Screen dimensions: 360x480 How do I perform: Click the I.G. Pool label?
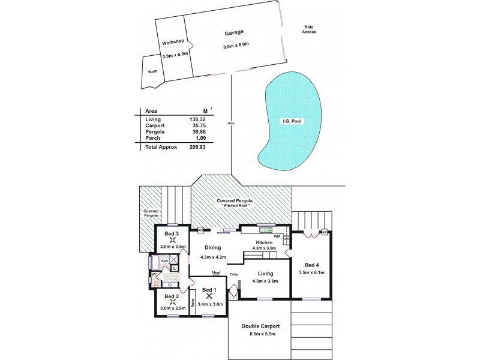click(292, 121)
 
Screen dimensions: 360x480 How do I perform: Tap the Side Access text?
click(309, 29)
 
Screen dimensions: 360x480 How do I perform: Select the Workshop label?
click(173, 43)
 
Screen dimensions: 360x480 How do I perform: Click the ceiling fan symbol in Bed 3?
click(172, 240)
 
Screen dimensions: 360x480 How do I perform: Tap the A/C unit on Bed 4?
click(324, 232)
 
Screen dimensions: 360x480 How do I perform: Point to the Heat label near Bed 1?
click(215, 273)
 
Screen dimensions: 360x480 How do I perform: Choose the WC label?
click(154, 274)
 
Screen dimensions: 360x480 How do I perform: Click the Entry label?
click(234, 274)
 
